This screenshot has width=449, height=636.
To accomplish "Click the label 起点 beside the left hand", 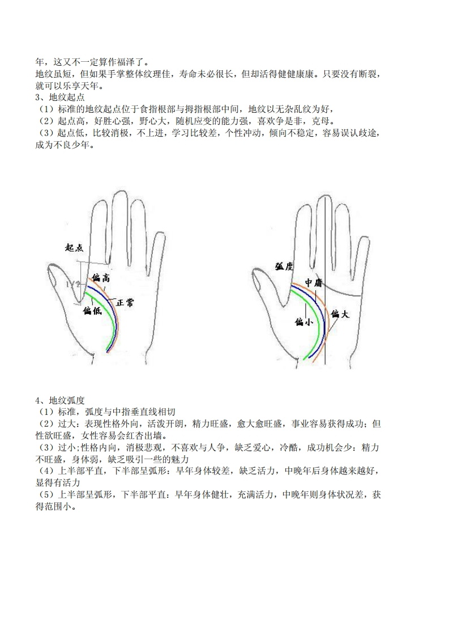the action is (74, 247).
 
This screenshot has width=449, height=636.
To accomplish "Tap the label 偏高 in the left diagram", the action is (100, 277).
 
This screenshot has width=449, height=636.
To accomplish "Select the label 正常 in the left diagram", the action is (125, 302).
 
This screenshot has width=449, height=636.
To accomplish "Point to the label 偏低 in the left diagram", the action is (92, 311).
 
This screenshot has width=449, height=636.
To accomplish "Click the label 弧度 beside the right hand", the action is (284, 266).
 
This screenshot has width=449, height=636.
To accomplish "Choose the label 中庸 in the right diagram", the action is (313, 282).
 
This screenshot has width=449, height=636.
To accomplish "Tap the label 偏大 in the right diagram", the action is (340, 313).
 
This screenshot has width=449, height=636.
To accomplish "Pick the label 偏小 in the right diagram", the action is (304, 322).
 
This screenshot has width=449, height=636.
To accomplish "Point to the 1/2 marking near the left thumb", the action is (74, 285).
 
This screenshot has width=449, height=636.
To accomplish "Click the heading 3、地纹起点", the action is (60, 97).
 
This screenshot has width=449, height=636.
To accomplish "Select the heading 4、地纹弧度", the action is (60, 400).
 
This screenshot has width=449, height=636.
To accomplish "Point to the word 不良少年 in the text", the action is (71, 145).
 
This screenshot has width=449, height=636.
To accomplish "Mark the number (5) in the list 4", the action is (46, 495).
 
